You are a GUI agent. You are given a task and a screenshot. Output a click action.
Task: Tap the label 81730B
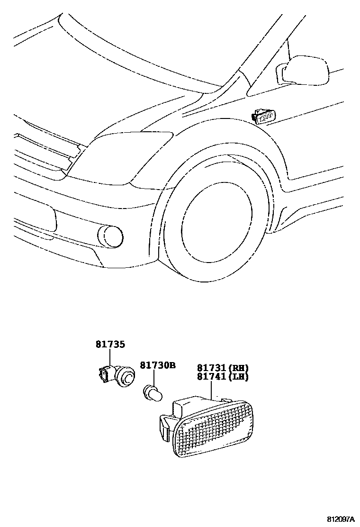[158, 365]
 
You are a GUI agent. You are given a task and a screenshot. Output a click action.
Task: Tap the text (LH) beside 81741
[239, 377]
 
